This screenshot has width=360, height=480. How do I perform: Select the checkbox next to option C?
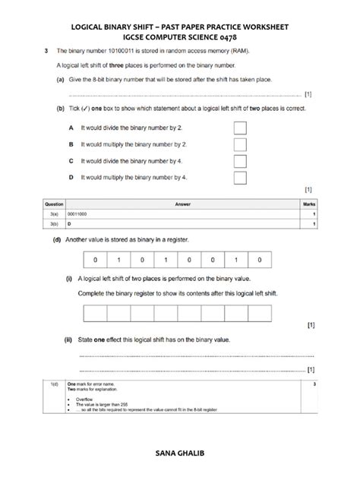(x=240, y=161)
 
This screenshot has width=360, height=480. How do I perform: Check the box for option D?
(x=240, y=178)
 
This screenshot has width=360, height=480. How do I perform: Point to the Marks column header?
(x=309, y=204)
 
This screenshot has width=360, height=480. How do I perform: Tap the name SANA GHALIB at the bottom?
(x=180, y=453)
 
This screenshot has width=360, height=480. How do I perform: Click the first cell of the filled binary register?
(x=96, y=260)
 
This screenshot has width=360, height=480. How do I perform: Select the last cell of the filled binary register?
(x=261, y=260)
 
